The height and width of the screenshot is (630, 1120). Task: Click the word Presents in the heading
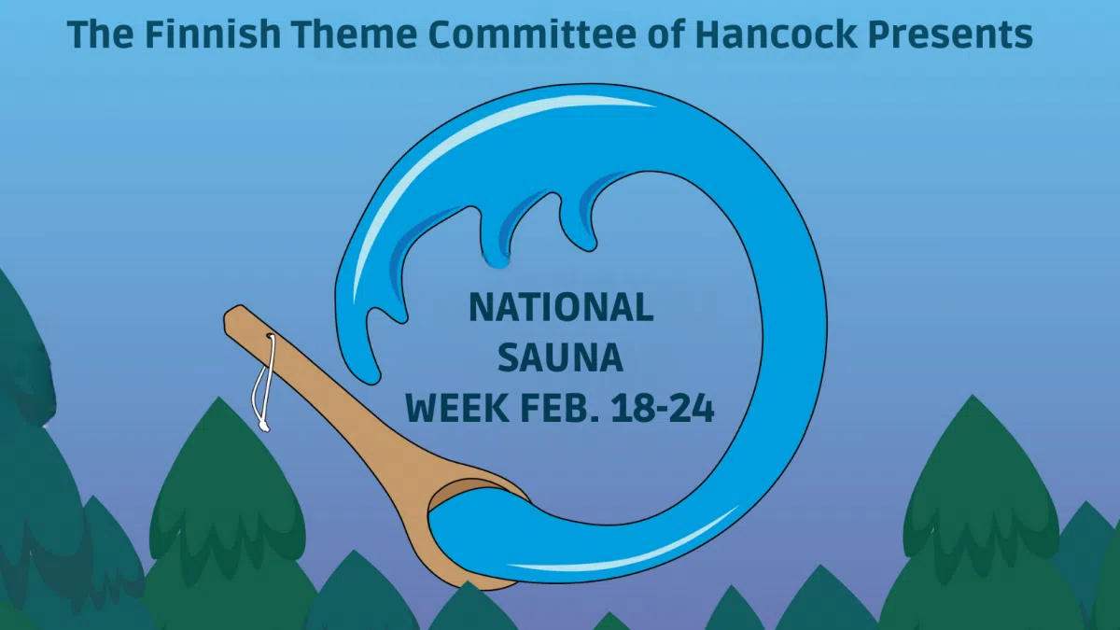click(x=953, y=35)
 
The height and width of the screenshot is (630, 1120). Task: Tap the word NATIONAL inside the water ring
click(x=560, y=307)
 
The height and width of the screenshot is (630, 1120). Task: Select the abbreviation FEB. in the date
click(x=576, y=408)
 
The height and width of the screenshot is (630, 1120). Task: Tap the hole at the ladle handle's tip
click(x=270, y=338)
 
